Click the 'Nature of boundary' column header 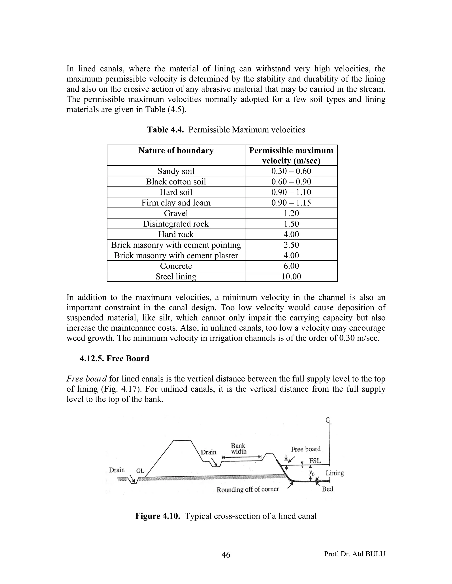(x=176, y=151)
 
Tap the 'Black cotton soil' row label (x=176, y=182)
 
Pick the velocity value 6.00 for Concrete (x=291, y=266)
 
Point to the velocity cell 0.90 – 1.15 (x=291, y=203)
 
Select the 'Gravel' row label (x=176, y=213)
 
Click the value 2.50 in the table (x=291, y=245)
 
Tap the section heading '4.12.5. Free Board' (x=114, y=358)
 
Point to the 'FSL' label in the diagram (x=315, y=461)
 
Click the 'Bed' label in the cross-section (x=328, y=489)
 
